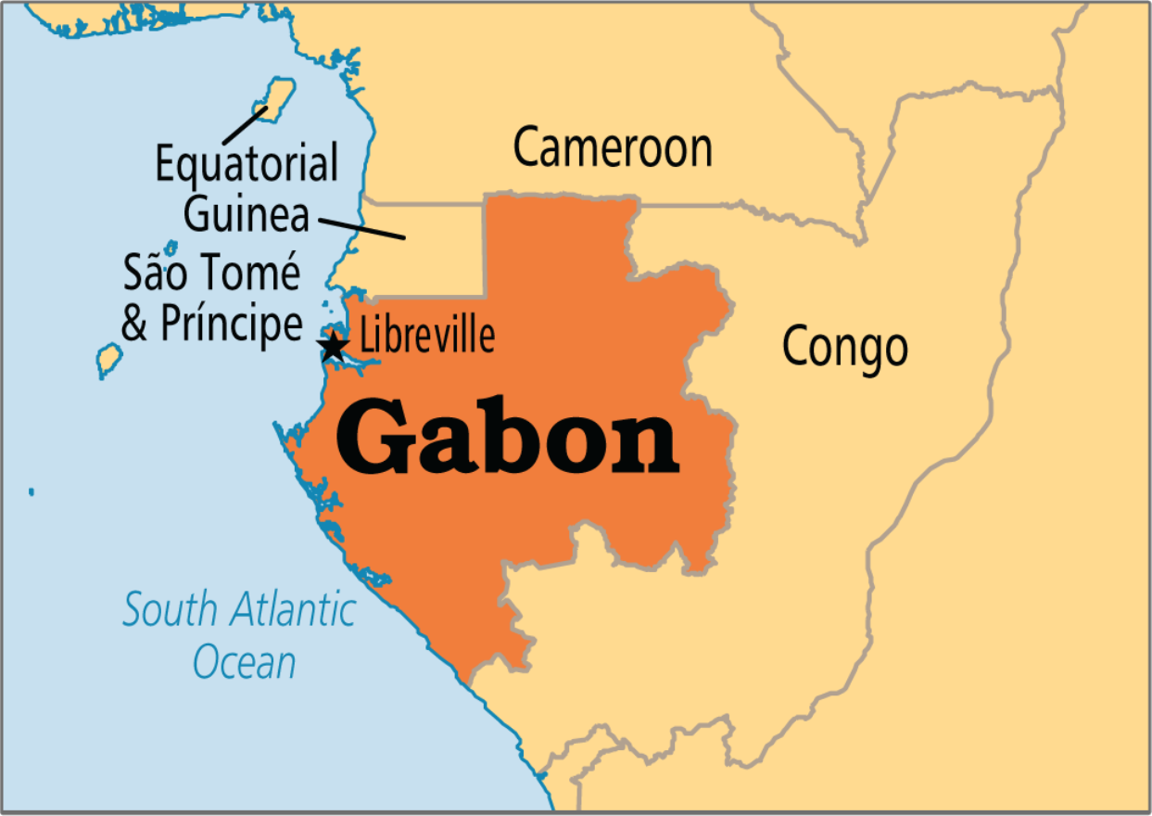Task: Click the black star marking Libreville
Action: [332, 348]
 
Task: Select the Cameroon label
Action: [613, 147]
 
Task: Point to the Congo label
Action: [844, 347]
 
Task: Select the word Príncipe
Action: [231, 324]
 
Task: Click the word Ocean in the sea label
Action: [245, 663]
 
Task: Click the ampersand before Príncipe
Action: [135, 325]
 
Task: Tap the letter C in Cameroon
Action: [527, 147]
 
